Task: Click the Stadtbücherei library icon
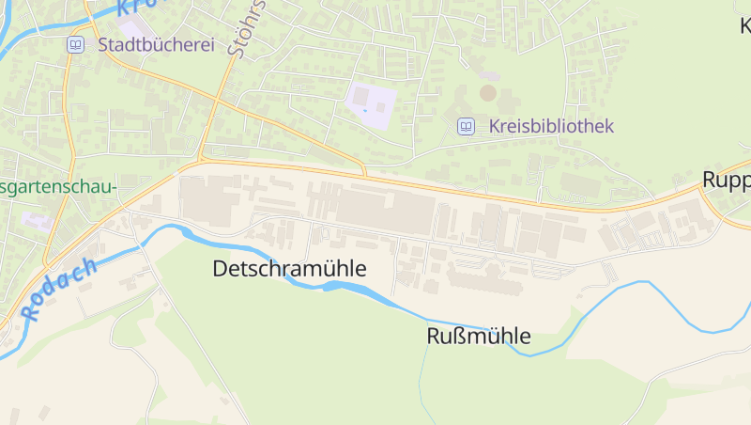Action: coord(74,44)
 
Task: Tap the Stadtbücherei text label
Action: coord(156,44)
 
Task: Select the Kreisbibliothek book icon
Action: coord(466,126)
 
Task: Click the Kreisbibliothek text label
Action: coord(550,126)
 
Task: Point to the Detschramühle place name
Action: coord(289,269)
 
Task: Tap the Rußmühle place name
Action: coord(479,336)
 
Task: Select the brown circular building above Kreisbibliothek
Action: coord(487,92)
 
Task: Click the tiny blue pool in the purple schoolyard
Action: coord(365,111)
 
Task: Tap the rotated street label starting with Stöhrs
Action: coord(247,28)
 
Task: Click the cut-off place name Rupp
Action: coord(726,180)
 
